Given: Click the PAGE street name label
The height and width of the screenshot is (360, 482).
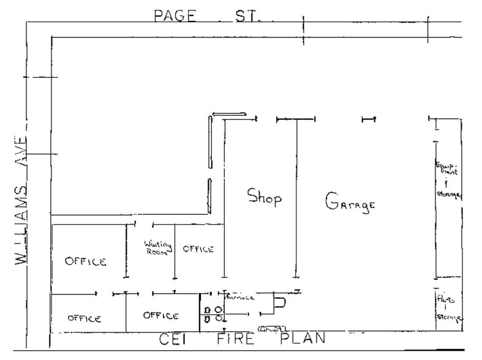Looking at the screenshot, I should pos(175,15).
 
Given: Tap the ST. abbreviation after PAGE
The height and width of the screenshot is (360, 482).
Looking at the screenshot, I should pos(247,15).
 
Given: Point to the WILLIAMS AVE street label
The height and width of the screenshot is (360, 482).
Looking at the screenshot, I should pos(23,199).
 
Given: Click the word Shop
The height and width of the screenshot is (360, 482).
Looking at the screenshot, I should pos(264,197).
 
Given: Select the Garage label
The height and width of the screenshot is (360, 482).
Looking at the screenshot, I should pos(349,203).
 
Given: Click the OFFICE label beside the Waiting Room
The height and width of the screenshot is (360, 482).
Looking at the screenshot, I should pos(198,249).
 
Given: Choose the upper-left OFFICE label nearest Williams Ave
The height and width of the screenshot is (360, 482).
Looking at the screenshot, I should pos(86,261).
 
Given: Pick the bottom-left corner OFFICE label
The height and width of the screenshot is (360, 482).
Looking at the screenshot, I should pos(84,318).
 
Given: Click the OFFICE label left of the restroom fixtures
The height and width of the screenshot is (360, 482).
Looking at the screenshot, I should pos(160,315).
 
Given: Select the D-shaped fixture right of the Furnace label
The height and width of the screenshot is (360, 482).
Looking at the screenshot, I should pos(280,302).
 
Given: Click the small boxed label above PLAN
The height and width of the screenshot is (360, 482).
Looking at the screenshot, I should pos(273,329).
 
